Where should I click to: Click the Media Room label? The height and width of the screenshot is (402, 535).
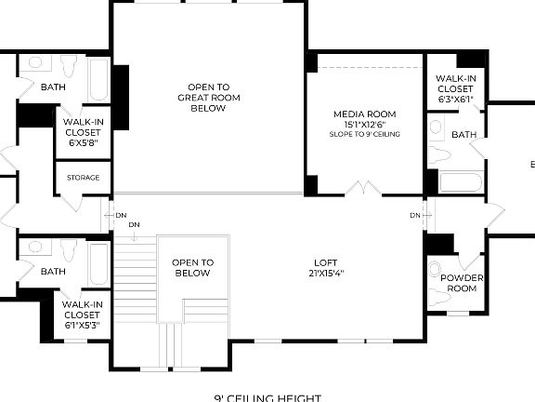point(365,114)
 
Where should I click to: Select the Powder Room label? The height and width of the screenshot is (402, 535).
point(462,283)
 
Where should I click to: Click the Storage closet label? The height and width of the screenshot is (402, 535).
point(84,178)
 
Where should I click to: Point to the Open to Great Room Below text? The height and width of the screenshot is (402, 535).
point(208,97)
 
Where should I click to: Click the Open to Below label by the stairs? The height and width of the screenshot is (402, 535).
point(192,268)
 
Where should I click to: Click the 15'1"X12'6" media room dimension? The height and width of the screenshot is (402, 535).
point(365,125)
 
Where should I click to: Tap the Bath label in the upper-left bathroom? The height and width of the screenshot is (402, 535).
point(53,87)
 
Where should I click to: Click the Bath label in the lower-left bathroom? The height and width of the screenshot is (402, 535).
point(53,272)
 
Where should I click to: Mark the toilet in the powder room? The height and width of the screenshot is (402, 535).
point(436,273)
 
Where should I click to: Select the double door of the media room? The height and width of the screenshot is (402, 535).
point(363,189)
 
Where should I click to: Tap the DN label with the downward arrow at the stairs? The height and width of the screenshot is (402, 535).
point(135,225)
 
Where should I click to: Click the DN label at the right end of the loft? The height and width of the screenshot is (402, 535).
point(414,215)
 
